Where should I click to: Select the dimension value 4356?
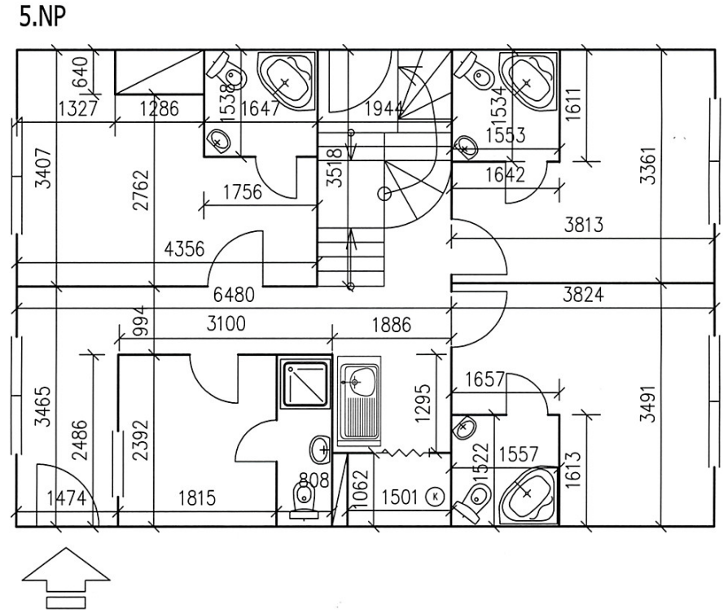tap(184, 249)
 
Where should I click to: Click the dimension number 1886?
tap(390, 326)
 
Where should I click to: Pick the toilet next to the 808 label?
tap(304, 499)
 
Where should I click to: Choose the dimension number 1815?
tap(197, 498)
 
